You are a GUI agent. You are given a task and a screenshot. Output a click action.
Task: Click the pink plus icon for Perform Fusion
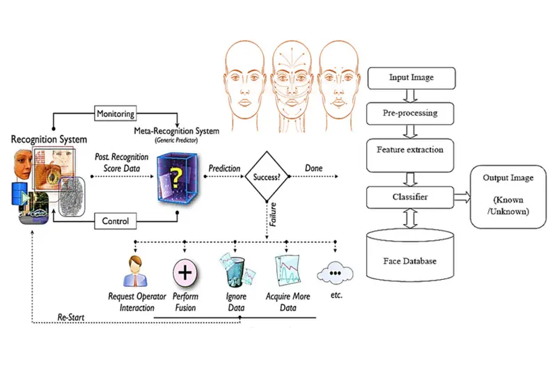185,271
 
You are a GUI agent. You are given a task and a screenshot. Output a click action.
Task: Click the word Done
314,169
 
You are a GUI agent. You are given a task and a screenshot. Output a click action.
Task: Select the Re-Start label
72,318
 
